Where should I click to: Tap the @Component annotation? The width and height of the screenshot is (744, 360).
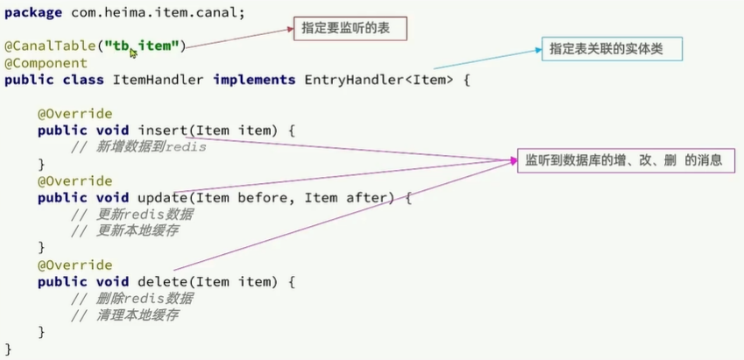(46, 63)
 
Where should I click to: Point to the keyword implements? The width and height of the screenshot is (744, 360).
(253, 80)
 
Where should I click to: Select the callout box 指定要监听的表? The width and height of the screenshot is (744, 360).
(351, 30)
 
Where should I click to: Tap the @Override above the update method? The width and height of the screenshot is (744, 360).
(74, 181)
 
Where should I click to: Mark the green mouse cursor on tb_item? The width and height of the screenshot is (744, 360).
(133, 53)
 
